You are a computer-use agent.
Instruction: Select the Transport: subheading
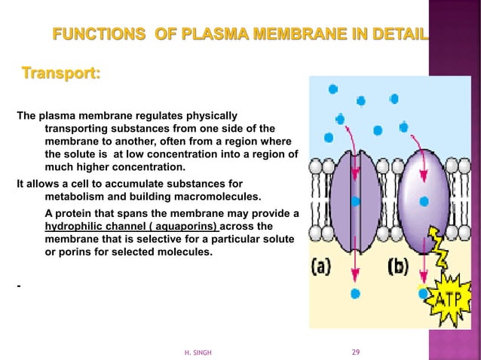tap(62, 75)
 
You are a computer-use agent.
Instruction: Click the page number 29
tap(357, 352)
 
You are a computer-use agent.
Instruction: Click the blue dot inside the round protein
tap(424, 201)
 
